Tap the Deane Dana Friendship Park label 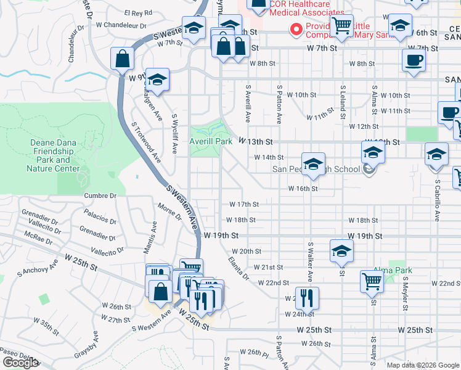click(54, 155)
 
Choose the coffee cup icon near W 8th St click(414, 60)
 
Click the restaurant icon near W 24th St click(306, 298)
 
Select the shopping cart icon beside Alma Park click(372, 281)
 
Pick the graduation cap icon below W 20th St click(341, 250)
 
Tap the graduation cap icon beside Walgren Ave click(157, 80)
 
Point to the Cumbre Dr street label click(104, 195)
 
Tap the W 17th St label click(243, 204)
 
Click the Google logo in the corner click(20, 363)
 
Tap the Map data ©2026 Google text click(422, 365)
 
